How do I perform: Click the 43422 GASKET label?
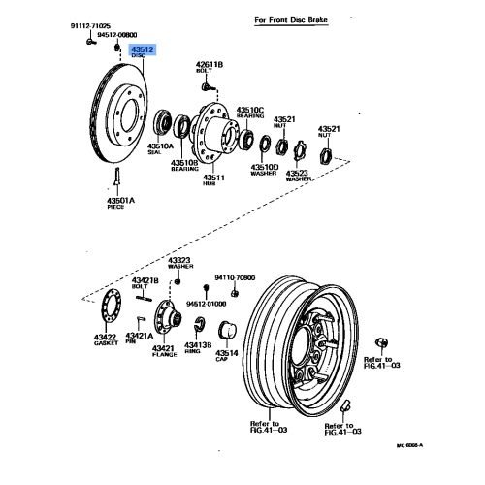point(106,339)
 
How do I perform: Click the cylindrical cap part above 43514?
point(229,329)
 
